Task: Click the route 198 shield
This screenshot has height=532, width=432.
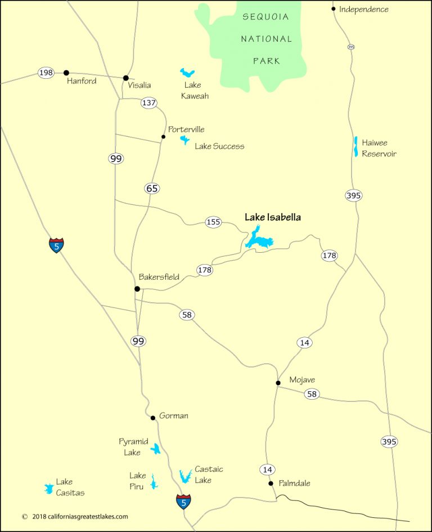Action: pos(46,73)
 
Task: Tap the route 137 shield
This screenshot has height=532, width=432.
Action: pos(148,102)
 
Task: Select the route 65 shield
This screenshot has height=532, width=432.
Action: pos(152,189)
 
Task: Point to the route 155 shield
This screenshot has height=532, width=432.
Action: pos(213,222)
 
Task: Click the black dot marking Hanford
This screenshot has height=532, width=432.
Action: pos(66,73)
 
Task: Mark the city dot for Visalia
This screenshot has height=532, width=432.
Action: pos(126,78)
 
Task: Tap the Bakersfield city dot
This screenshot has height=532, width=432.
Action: pos(137,289)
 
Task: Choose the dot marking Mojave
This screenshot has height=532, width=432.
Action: pos(278,383)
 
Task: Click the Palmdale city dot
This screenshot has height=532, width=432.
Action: pos(271,483)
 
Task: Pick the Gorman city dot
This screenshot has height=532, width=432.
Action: pos(153,418)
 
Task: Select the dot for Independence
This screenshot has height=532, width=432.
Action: pos(334,9)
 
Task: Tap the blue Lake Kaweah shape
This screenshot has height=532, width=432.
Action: pos(187,73)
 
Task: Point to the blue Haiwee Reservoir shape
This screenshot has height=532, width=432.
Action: pos(355,146)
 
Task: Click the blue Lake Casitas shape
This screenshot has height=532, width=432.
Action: pos(48,489)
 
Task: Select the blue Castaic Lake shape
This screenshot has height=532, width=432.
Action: pos(184,476)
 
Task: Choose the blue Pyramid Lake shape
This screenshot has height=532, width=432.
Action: pos(156,448)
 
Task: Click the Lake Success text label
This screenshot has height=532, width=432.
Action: pos(219,146)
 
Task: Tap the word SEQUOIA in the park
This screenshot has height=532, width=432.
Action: pos(265,17)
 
